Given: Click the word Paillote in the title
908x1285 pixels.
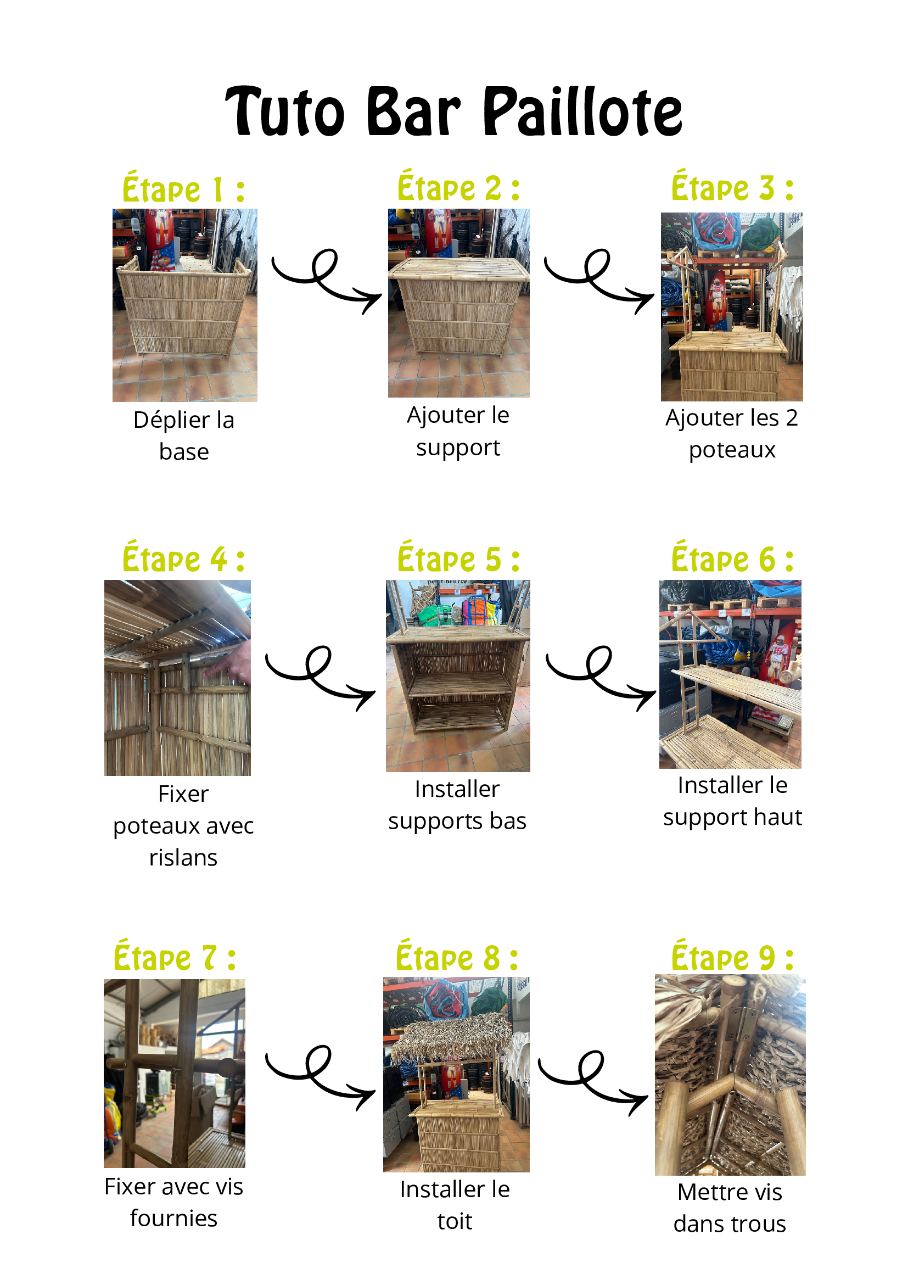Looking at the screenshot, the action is [x=582, y=111].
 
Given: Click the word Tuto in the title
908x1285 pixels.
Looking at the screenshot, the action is [x=285, y=111].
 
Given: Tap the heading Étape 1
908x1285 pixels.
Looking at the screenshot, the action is [x=183, y=188].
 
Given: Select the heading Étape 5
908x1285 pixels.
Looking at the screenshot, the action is [x=459, y=558].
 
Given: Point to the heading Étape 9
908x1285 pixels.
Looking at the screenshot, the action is [x=732, y=957].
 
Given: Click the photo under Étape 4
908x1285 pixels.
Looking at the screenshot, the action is [x=177, y=677].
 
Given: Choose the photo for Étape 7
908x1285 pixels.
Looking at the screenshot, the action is [x=175, y=1073].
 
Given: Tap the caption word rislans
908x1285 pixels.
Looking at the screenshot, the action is [x=183, y=857].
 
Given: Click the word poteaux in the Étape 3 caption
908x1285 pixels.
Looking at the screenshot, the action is [x=732, y=450].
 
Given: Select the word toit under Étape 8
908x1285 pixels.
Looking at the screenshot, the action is [x=455, y=1221].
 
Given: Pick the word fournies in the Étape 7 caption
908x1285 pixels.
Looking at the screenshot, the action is [x=173, y=1219].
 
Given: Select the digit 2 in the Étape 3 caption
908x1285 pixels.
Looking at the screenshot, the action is [x=791, y=418].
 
